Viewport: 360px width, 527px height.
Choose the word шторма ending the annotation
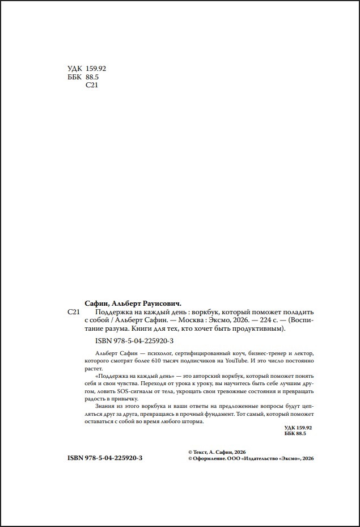[x=190, y=421]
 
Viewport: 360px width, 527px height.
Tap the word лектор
[x=302, y=353]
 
